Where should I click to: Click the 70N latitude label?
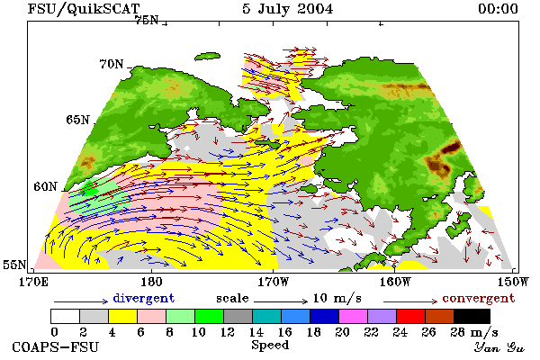click(112, 64)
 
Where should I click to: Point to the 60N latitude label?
click(45, 186)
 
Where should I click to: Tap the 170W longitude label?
click(274, 282)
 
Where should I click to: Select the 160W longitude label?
click(395, 282)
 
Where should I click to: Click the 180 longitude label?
click(151, 282)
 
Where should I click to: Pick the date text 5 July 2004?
click(288, 9)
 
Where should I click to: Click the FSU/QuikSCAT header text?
click(84, 9)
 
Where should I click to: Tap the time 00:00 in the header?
click(498, 9)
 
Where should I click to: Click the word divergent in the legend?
click(144, 298)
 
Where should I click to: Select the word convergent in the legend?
click(479, 298)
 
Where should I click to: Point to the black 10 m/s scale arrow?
click(281, 301)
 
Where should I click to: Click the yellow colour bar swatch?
click(123, 316)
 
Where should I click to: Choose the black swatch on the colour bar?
click(472, 316)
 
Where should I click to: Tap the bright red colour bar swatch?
click(410, 316)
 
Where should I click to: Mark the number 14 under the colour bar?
click(256, 332)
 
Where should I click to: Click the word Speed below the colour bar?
click(270, 345)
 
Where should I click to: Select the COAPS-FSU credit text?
click(56, 346)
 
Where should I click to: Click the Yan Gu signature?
click(499, 347)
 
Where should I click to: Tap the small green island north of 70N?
click(207, 57)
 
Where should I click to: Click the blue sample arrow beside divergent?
click(81, 301)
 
